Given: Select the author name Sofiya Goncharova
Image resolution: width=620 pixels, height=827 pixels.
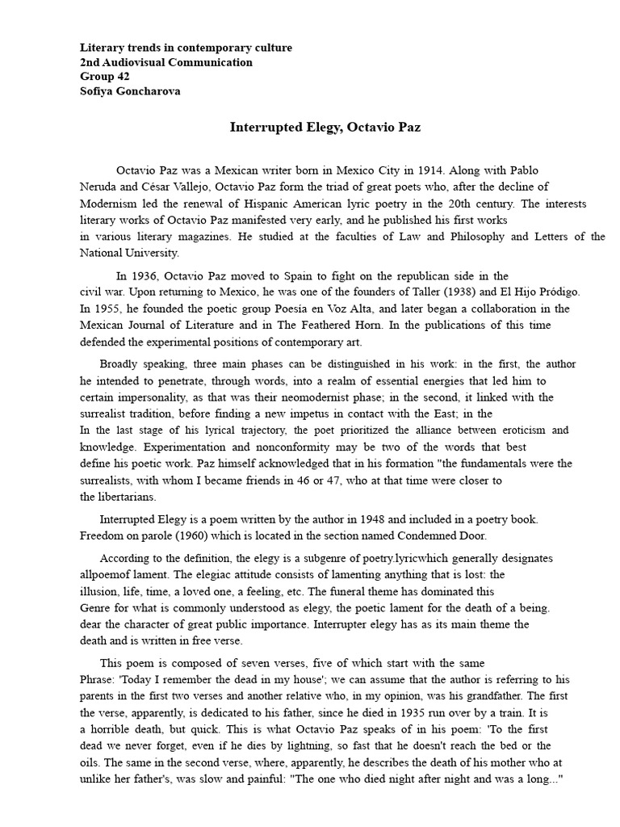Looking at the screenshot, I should coord(130,91).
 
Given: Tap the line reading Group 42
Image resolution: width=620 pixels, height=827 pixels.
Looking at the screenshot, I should coord(103,77).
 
